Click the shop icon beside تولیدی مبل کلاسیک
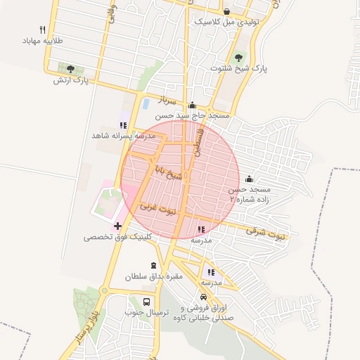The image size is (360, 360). (x=226, y=11)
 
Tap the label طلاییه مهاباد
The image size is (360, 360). (x=44, y=41)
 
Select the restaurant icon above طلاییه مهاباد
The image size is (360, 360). (x=43, y=30)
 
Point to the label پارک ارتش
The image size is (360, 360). (x=70, y=80)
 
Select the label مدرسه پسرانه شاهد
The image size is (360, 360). (x=121, y=135)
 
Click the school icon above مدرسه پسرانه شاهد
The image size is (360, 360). (x=123, y=124)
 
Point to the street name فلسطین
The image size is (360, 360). (x=200, y=141)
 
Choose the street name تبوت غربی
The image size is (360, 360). (x=157, y=209)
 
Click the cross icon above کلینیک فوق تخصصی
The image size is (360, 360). (x=117, y=226)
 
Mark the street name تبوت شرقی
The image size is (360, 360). (x=266, y=232)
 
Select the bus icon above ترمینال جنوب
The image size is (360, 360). (x=146, y=301)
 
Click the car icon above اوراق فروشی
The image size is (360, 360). (x=204, y=297)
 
